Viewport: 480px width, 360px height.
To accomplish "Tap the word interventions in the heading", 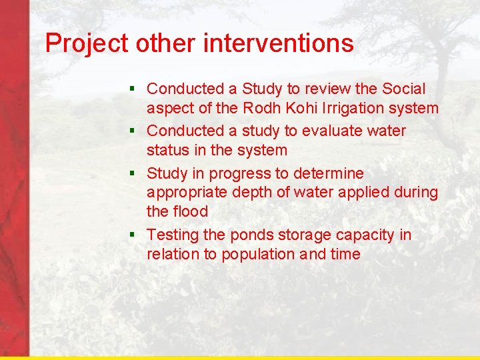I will tap(279, 44).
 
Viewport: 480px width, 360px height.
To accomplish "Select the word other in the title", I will tap(167, 44).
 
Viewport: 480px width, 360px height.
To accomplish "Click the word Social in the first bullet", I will tap(404, 89).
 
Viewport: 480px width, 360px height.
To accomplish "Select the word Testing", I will tap(173, 235).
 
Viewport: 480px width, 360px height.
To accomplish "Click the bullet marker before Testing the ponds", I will tap(133, 235).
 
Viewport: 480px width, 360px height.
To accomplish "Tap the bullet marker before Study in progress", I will tap(133, 173).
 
